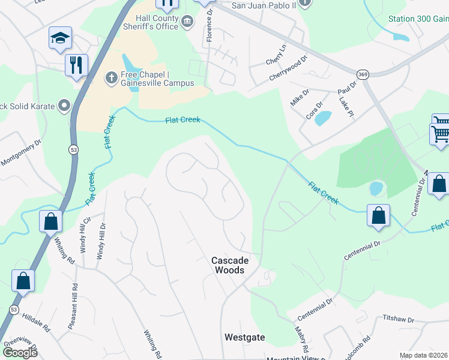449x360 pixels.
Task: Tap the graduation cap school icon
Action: click(x=60, y=38)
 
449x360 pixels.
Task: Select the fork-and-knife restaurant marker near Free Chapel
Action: click(x=76, y=65)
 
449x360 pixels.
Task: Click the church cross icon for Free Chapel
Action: click(x=110, y=77)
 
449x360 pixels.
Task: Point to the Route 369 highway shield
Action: click(x=362, y=74)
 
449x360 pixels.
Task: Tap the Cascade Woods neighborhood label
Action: click(x=229, y=265)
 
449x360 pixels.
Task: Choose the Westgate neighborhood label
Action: click(x=244, y=337)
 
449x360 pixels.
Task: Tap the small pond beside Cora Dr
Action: click(x=322, y=118)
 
